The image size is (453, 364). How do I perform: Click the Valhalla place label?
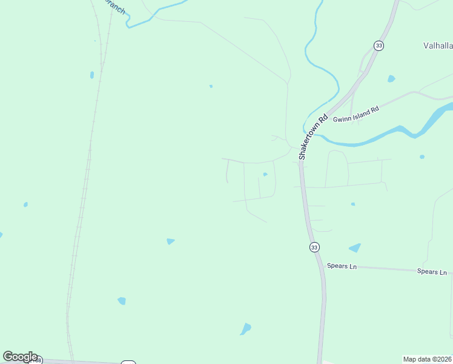[437, 45]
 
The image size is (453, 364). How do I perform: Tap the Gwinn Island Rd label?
[355, 114]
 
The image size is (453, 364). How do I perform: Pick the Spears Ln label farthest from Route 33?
[432, 272]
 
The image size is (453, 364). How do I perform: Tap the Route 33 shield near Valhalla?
[379, 45]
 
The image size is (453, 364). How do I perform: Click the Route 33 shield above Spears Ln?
[314, 247]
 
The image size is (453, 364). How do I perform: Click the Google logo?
[20, 357]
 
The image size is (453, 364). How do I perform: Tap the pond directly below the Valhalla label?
[391, 79]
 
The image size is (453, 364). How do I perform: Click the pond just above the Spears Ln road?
[355, 248]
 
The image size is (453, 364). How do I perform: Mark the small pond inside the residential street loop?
[265, 175]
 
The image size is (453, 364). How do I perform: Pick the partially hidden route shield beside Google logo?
[128, 362]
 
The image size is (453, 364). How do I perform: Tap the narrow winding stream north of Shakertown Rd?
[319, 67]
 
